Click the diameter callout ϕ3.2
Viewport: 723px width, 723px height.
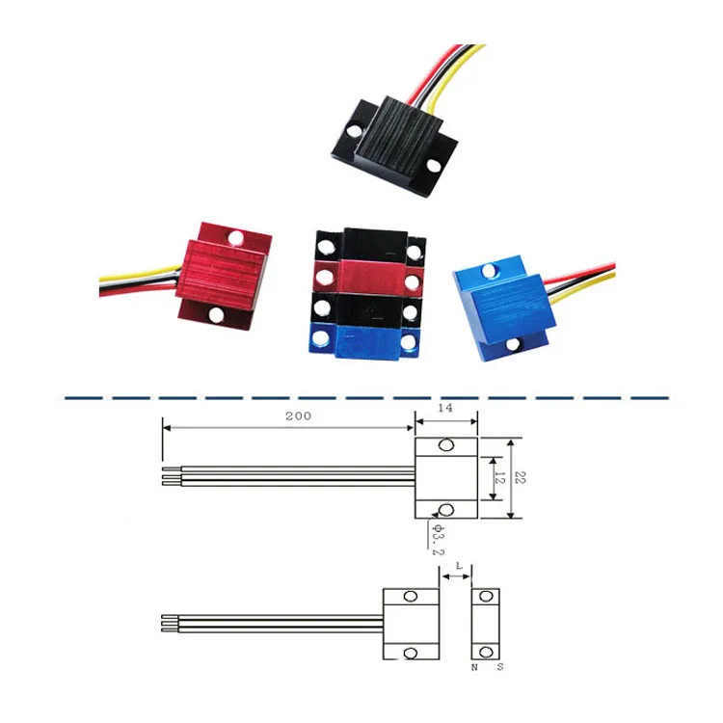point(437,539)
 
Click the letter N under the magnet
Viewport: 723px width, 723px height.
point(473,667)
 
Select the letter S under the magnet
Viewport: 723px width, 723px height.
point(497,667)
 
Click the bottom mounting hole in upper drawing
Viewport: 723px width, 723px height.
point(446,509)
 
